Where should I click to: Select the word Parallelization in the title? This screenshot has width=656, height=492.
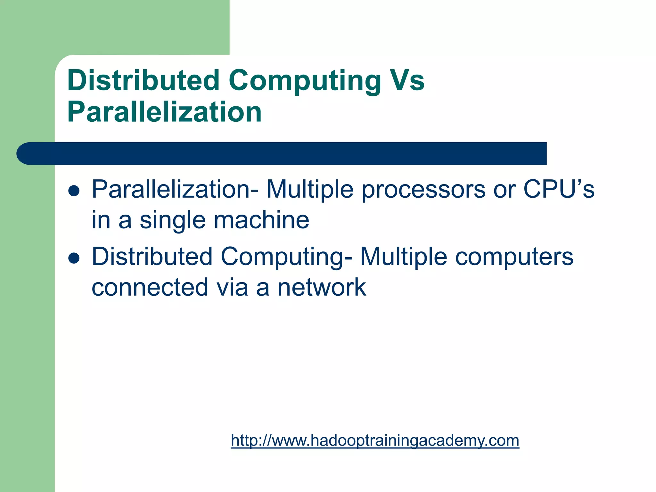(x=164, y=112)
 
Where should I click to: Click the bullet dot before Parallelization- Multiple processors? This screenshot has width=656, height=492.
(x=74, y=191)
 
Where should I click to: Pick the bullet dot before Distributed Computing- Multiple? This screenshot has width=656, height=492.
(x=74, y=258)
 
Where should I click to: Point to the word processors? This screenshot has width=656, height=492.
(x=423, y=190)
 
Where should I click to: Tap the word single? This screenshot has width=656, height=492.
(x=172, y=221)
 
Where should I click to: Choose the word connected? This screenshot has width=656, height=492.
(x=150, y=287)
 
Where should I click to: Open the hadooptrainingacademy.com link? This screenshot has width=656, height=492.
(x=375, y=440)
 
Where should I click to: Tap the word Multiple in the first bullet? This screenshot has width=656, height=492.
(x=310, y=190)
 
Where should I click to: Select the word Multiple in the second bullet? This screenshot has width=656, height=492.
(x=403, y=257)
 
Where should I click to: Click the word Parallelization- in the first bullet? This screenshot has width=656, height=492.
(x=175, y=190)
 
